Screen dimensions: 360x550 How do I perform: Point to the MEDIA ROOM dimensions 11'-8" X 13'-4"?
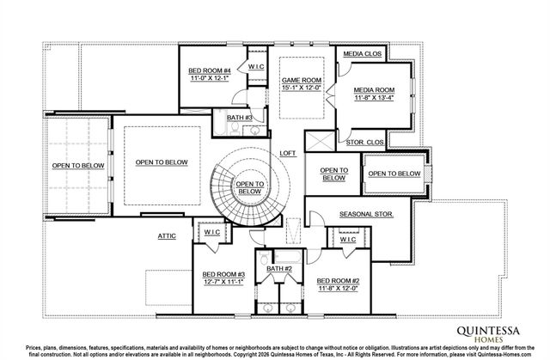(375, 97)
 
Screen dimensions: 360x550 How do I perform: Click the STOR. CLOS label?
(364, 142)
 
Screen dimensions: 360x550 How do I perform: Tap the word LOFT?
(288, 154)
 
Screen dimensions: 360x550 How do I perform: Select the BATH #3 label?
(240, 117)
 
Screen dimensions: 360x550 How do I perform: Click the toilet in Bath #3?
(221, 130)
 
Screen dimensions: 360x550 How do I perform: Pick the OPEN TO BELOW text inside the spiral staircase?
(249, 187)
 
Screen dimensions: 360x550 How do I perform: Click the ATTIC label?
(167, 235)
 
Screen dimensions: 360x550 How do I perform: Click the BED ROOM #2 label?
(338, 280)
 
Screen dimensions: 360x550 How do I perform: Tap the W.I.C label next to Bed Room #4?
(256, 66)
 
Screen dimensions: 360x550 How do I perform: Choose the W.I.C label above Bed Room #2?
(347, 240)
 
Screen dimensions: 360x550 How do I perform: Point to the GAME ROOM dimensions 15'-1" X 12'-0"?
(301, 88)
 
